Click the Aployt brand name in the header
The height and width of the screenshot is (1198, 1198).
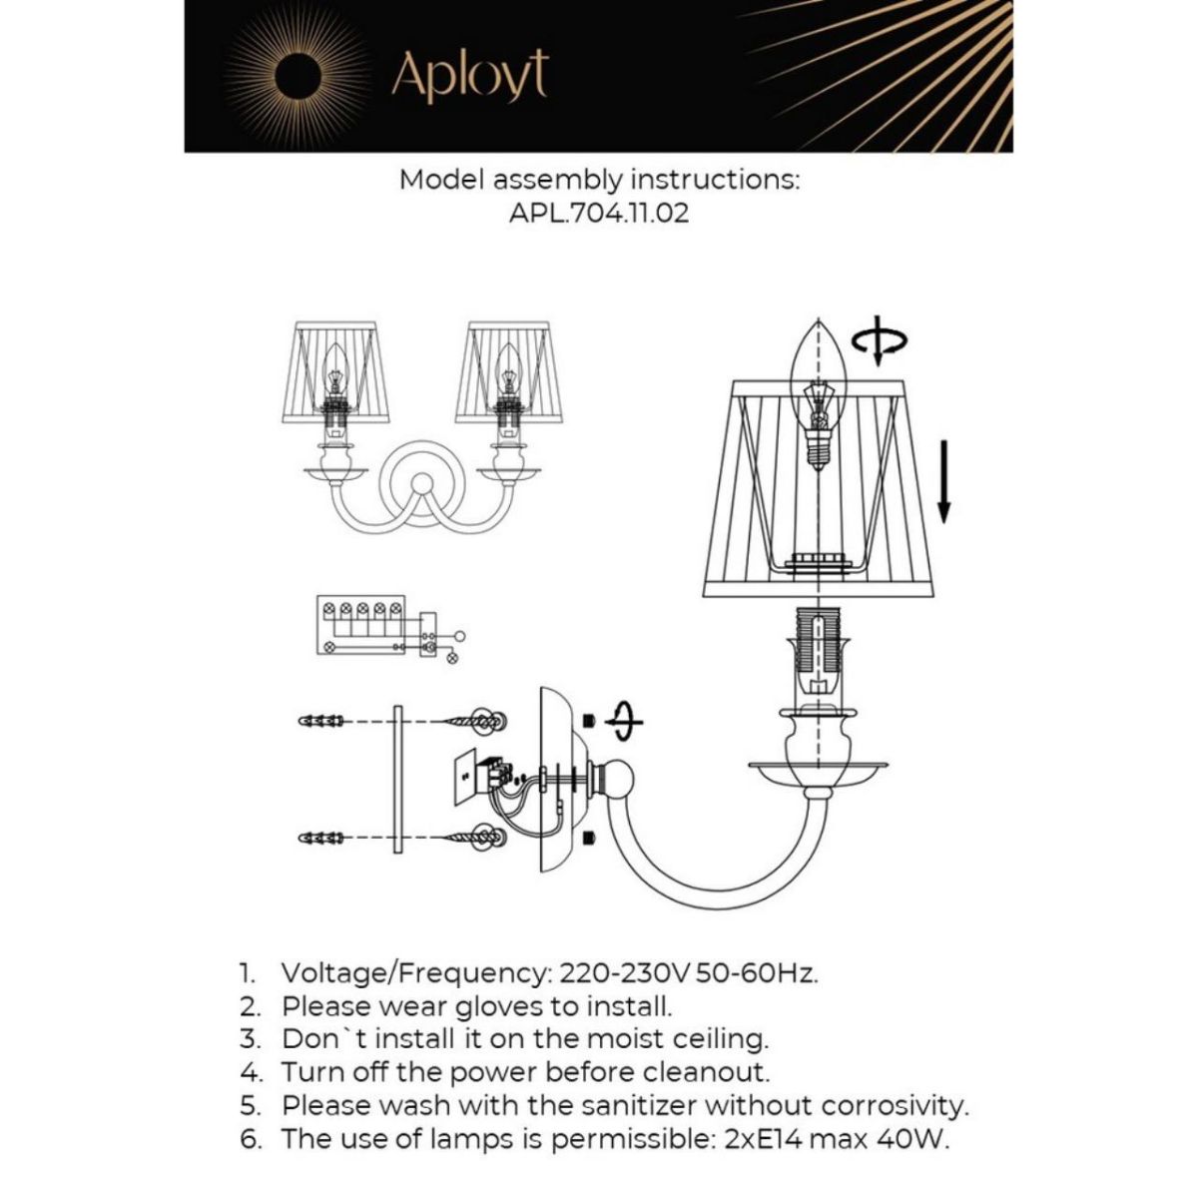(469, 76)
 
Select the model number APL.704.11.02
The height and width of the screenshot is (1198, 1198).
(599, 213)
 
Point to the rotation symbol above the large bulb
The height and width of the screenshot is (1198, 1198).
(880, 342)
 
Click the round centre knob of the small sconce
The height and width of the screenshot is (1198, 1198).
(422, 486)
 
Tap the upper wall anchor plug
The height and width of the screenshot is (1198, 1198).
(322, 720)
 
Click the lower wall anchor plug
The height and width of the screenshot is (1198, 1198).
(322, 836)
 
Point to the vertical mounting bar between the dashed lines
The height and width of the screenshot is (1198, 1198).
(396, 779)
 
